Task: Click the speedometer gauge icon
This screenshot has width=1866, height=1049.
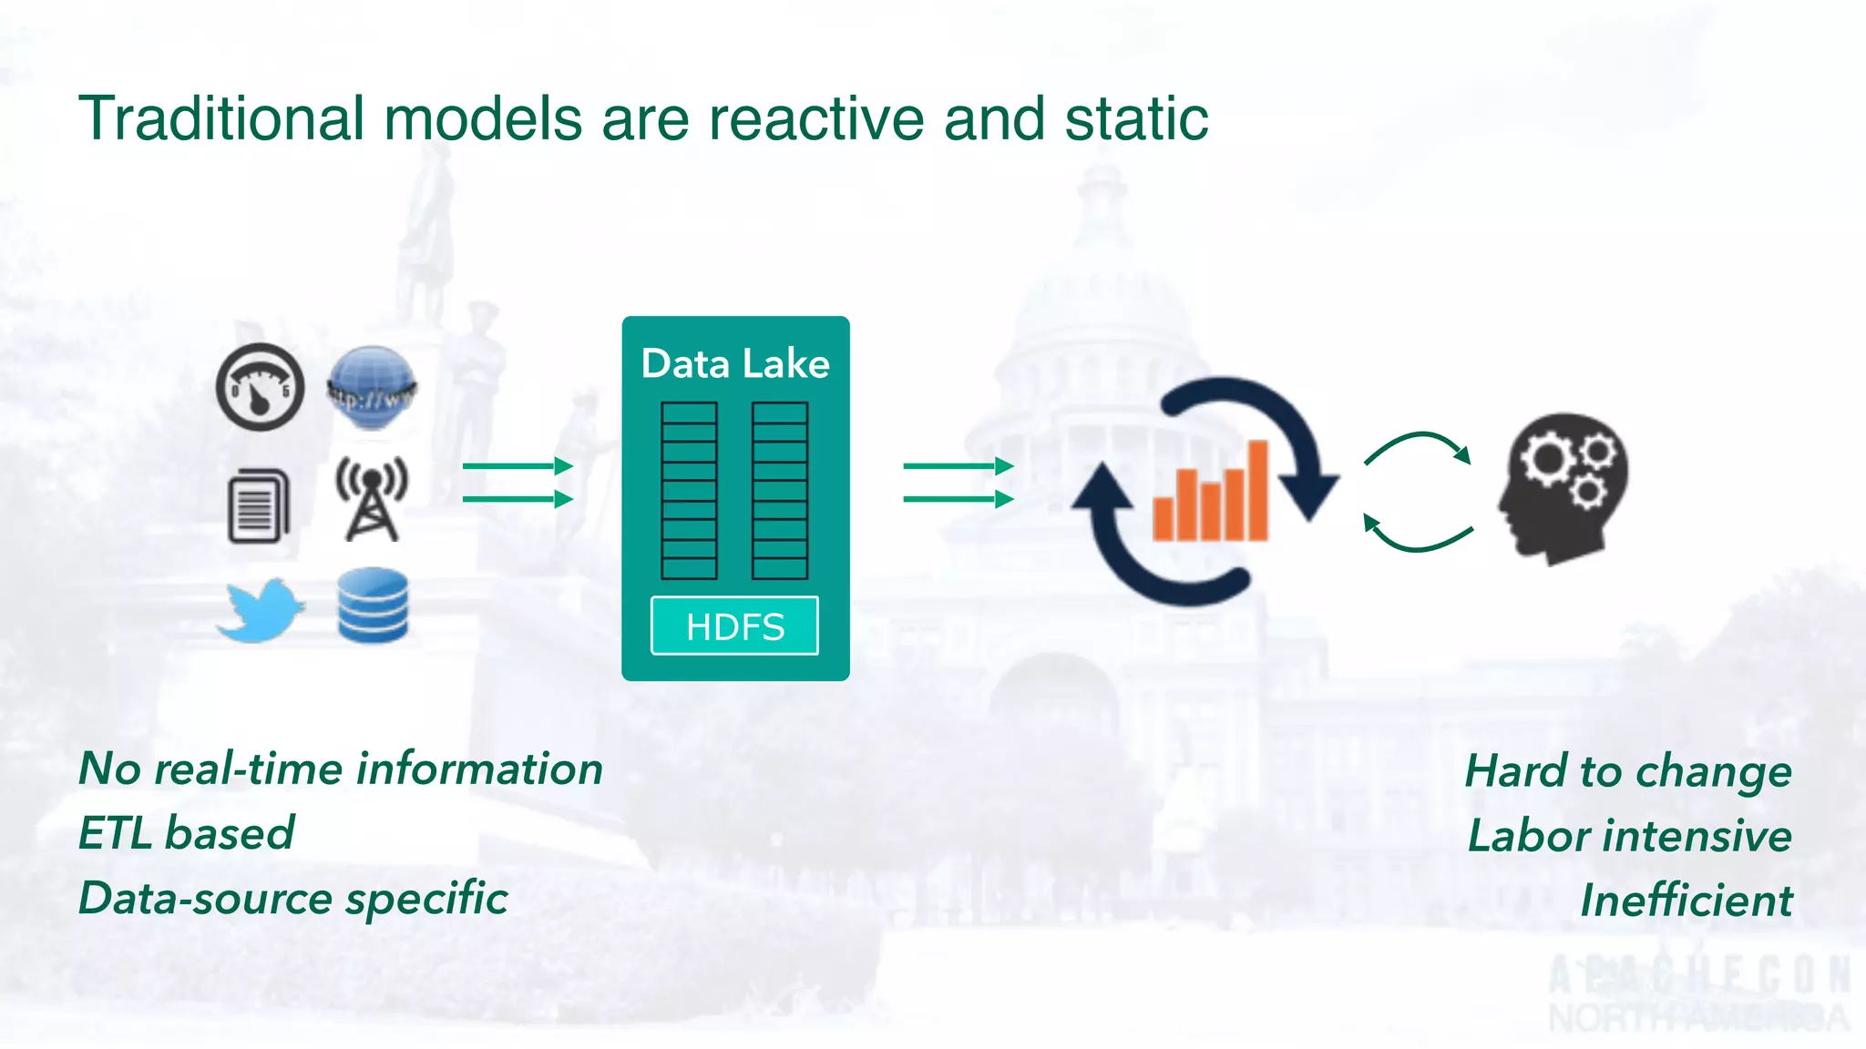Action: pos(260,387)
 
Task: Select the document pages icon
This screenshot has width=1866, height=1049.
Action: pos(258,506)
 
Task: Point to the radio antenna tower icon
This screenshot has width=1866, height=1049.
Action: pos(372,499)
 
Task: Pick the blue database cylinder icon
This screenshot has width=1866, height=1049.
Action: pos(373,606)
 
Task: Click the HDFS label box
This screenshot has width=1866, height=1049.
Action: pos(734,626)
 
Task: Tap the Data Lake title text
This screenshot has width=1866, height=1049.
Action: pos(735,363)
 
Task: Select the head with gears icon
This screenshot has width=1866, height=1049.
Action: pos(1564,488)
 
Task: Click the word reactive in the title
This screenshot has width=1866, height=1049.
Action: pos(816,119)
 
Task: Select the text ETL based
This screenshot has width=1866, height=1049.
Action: pos(187,833)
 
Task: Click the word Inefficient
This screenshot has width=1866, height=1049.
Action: pos(1686,901)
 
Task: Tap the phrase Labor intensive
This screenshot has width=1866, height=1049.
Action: pos(1629,836)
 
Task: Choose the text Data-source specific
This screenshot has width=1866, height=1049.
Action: pos(293,899)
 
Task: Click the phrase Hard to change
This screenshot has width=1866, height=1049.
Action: pos(1628,771)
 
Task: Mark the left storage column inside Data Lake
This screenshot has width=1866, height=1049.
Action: pos(689,491)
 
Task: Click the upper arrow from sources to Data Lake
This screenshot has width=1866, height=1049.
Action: pos(517,466)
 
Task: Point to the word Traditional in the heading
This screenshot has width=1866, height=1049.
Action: pos(221,119)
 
